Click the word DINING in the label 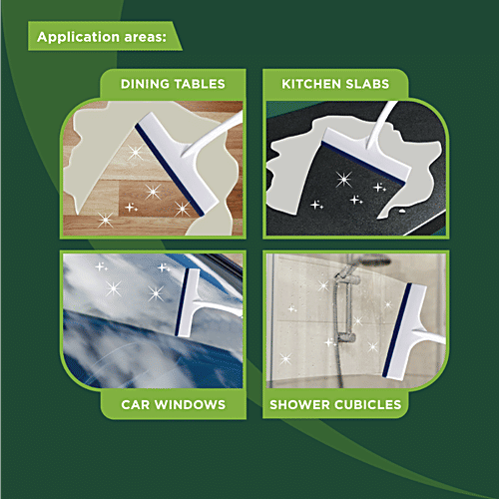pos(145,84)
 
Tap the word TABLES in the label pos(200,84)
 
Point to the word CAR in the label pos(136,404)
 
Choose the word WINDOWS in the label pos(191,404)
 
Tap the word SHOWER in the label pos(299,404)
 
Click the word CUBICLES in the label pos(368,404)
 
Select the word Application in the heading pos(78,37)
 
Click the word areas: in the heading pos(145,37)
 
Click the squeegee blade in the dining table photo pos(169,170)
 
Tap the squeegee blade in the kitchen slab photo pos(363,163)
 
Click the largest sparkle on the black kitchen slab pos(343,179)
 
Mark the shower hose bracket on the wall pos(345,337)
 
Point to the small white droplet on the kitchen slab pos(402,211)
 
